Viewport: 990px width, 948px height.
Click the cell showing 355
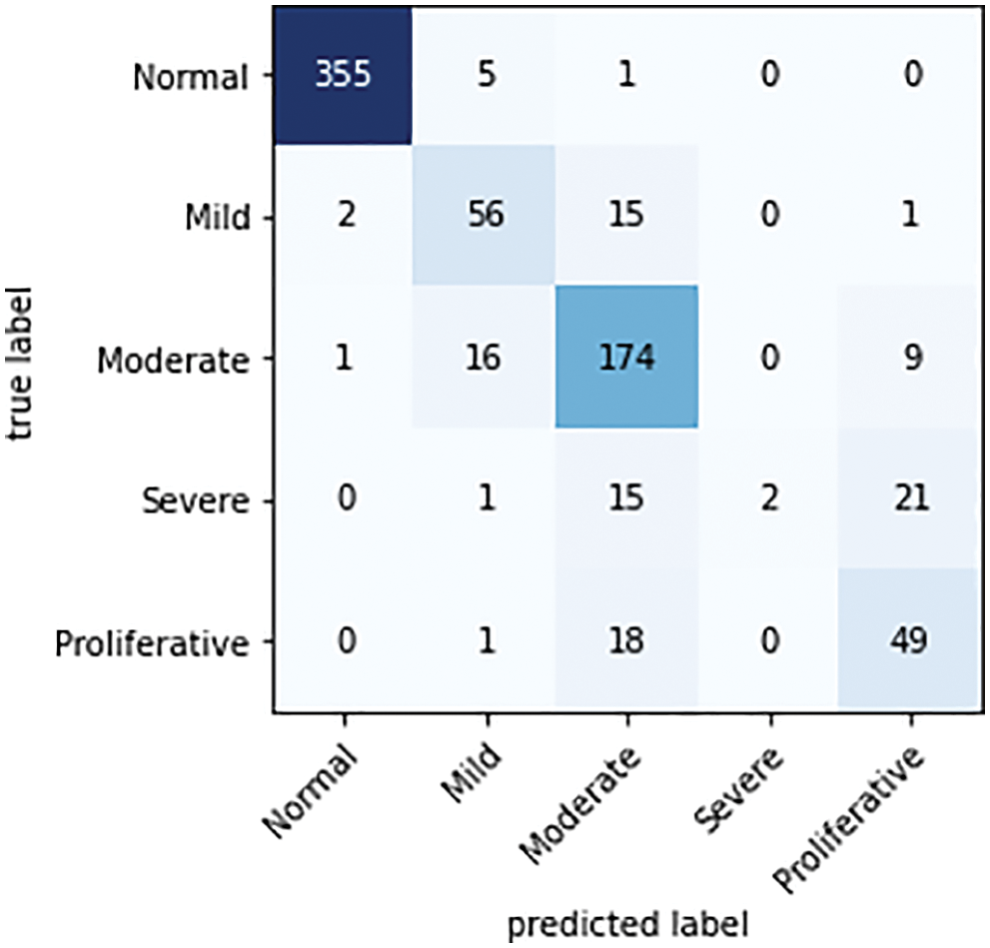342,77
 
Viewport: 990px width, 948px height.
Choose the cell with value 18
625,640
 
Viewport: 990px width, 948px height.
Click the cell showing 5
485,77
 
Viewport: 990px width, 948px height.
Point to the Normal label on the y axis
190,78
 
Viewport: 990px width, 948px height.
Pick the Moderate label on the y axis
173,360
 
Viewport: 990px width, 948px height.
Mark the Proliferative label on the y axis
151,641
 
